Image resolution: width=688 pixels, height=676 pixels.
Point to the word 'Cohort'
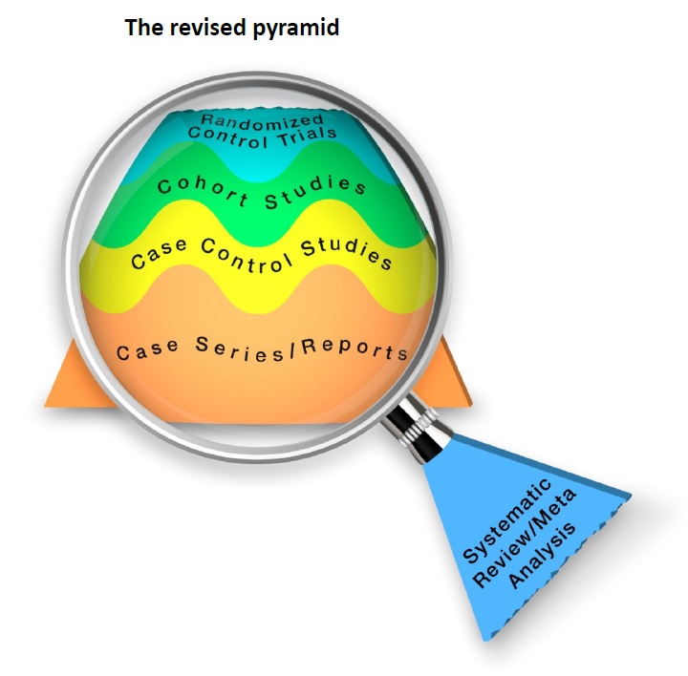coord(195,190)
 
